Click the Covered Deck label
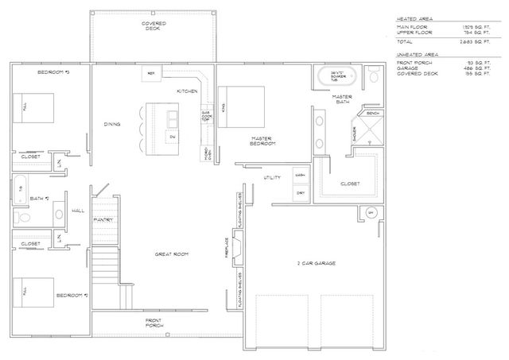click(x=153, y=26)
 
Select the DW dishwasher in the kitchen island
click(x=173, y=137)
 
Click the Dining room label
click(x=112, y=124)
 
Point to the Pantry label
click(x=104, y=219)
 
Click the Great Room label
click(x=171, y=254)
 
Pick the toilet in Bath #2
click(x=23, y=216)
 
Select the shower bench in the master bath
click(x=373, y=114)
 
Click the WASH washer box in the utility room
click(x=300, y=175)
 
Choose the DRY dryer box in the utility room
click(x=300, y=192)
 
